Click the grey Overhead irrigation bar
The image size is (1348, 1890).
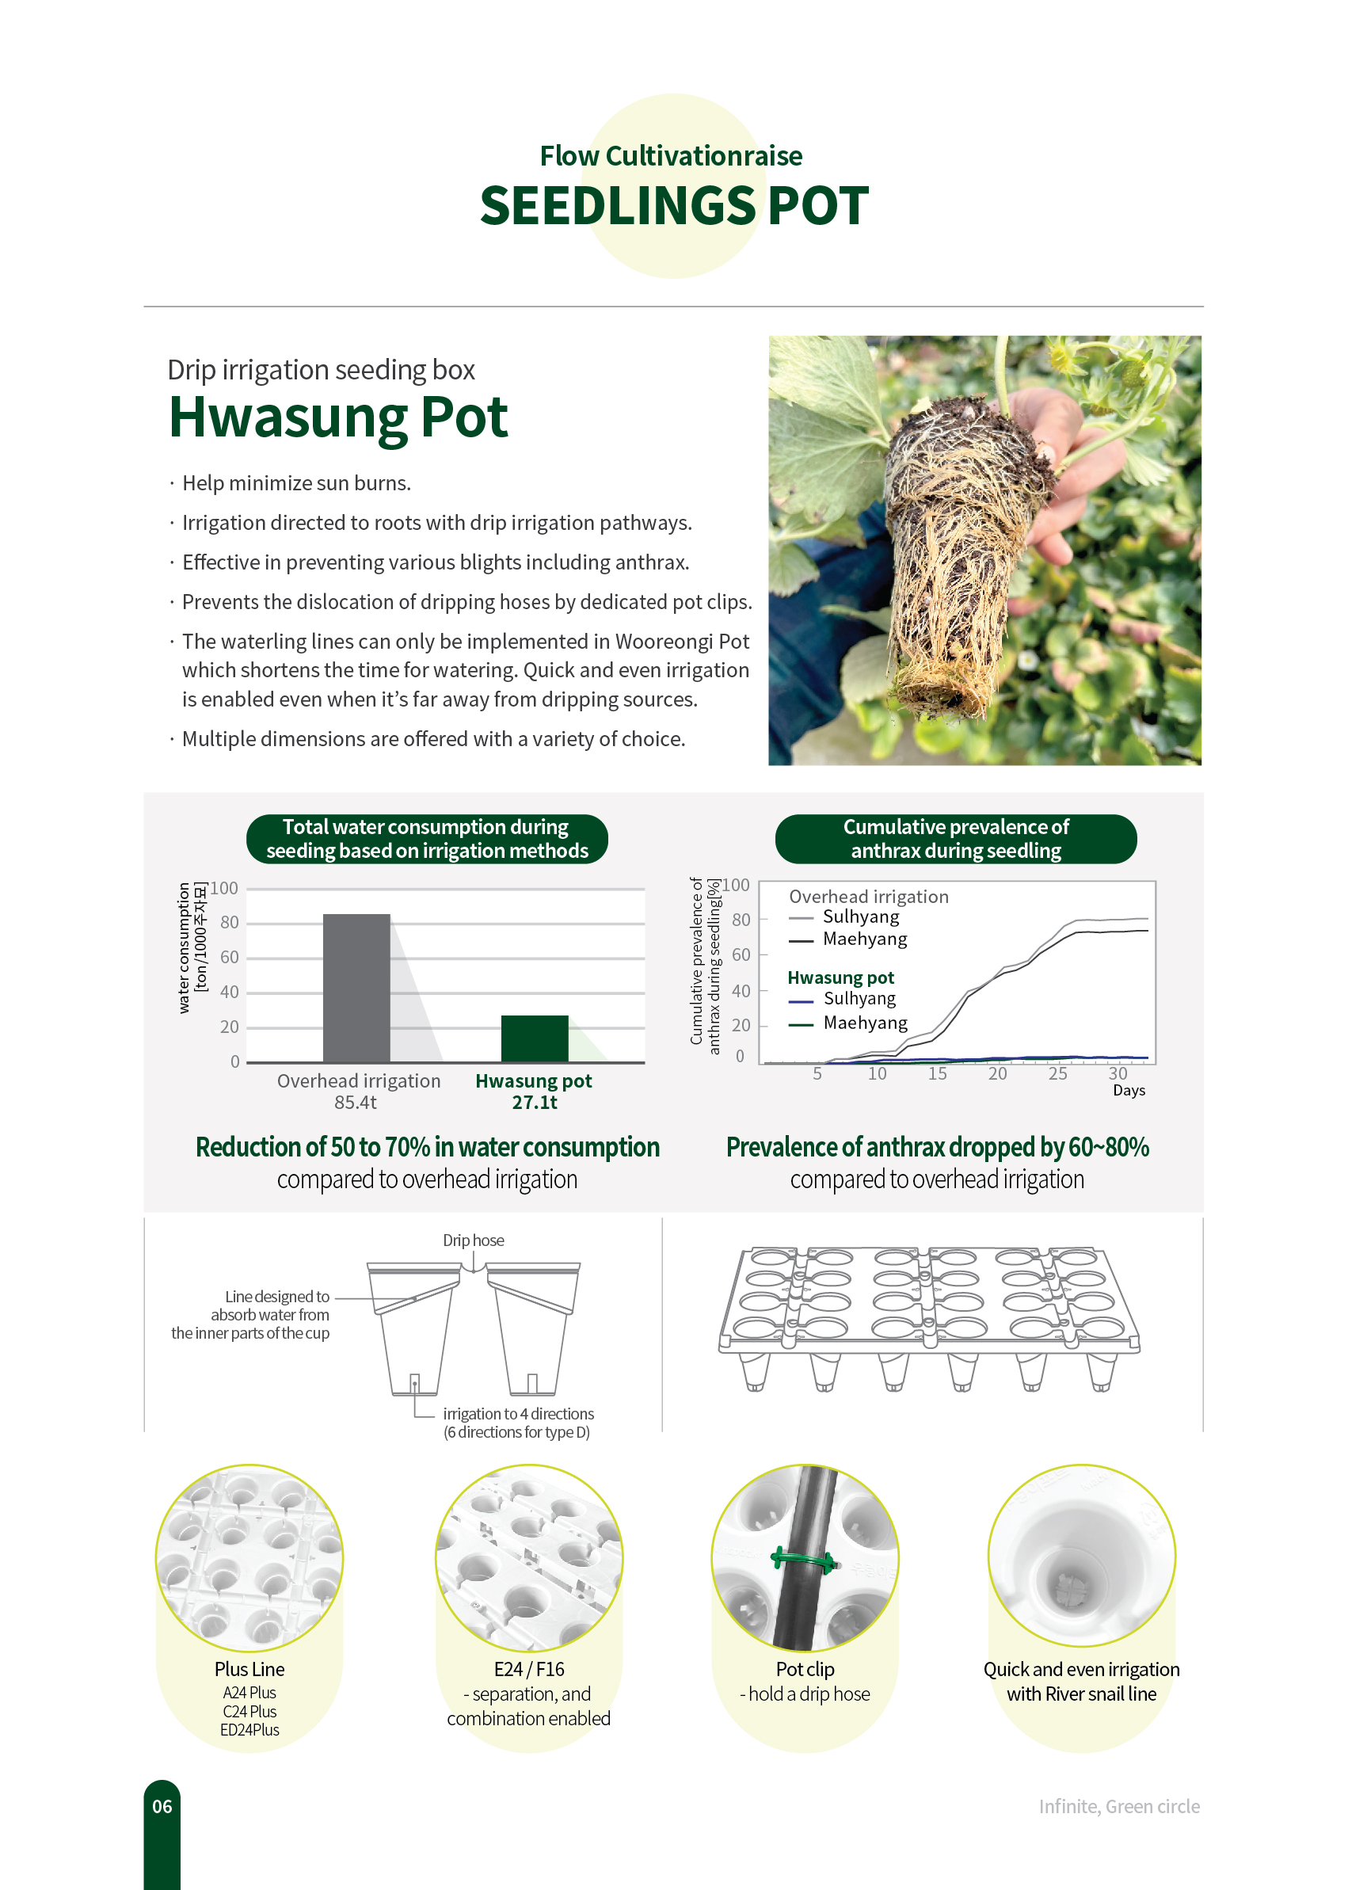pyautogui.click(x=356, y=987)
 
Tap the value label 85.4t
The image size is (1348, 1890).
pyautogui.click(x=356, y=1103)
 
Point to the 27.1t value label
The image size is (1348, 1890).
pyautogui.click(x=535, y=1103)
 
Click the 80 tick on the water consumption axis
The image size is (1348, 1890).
pyautogui.click(x=229, y=922)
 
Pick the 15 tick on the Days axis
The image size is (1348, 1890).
pyautogui.click(x=937, y=1073)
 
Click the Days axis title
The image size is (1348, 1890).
pyautogui.click(x=1128, y=1090)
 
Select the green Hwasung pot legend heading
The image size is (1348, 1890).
pyautogui.click(x=840, y=977)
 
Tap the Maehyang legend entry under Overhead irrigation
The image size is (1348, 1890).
pyautogui.click(x=864, y=939)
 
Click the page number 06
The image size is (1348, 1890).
pyautogui.click(x=162, y=1806)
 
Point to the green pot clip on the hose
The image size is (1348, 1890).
pyautogui.click(x=803, y=1560)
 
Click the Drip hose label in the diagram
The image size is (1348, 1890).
pyautogui.click(x=473, y=1240)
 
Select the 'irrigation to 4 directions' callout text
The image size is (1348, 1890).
pyautogui.click(x=518, y=1414)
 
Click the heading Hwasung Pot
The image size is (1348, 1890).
pyautogui.click(x=338, y=417)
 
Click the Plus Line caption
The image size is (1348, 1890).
pyautogui.click(x=249, y=1669)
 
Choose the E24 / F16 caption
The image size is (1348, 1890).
pyautogui.click(x=529, y=1669)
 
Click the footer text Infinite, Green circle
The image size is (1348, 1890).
pyautogui.click(x=1119, y=1806)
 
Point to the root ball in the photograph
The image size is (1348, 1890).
pyautogui.click(x=954, y=548)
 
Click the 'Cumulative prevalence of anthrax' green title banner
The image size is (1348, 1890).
pyautogui.click(x=955, y=838)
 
